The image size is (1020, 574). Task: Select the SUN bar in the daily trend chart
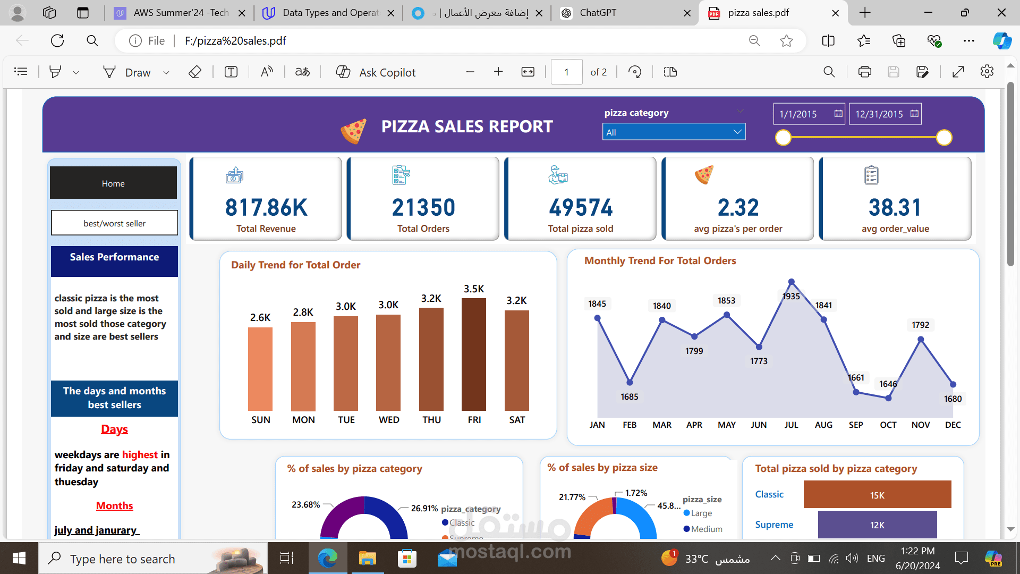pyautogui.click(x=260, y=369)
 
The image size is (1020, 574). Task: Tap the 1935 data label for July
pyautogui.click(x=791, y=297)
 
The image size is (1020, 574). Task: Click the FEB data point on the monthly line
pyautogui.click(x=630, y=383)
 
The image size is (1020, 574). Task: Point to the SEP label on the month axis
pyautogui.click(x=856, y=425)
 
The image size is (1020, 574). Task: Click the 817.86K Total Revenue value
pyautogui.click(x=266, y=208)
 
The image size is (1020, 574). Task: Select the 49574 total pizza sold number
pyautogui.click(x=581, y=208)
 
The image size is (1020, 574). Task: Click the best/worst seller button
pyautogui.click(x=114, y=223)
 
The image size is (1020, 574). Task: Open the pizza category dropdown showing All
pyautogui.click(x=674, y=132)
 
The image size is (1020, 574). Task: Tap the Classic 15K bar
pyautogui.click(x=877, y=495)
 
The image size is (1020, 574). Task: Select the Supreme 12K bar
pyautogui.click(x=877, y=525)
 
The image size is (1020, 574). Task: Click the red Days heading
pyautogui.click(x=114, y=429)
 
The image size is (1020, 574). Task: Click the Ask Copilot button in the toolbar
pyautogui.click(x=376, y=72)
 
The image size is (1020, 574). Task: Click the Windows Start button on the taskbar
pyautogui.click(x=19, y=558)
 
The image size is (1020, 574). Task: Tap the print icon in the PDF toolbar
pyautogui.click(x=864, y=72)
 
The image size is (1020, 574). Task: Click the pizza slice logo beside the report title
pyautogui.click(x=353, y=130)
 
